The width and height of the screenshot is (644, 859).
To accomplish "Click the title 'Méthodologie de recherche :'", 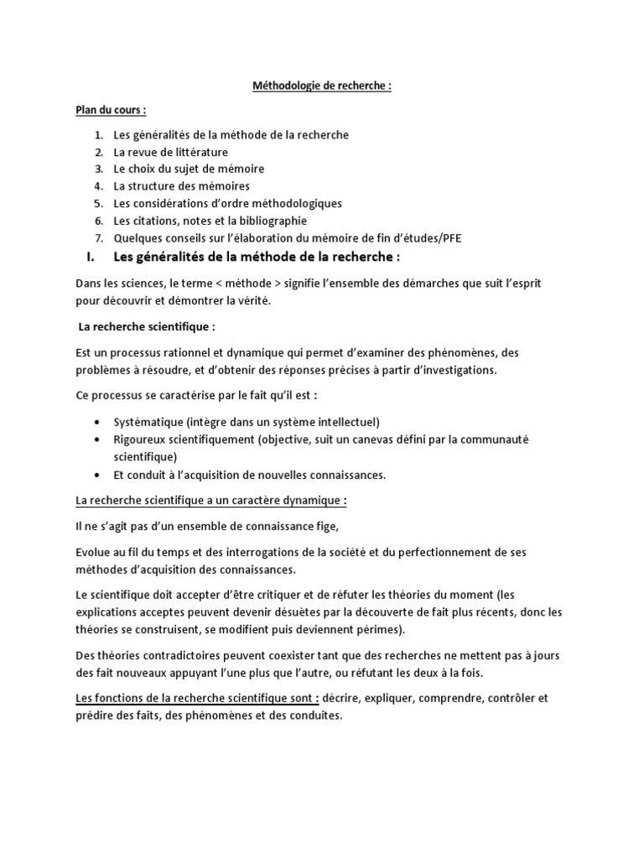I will click(321, 86).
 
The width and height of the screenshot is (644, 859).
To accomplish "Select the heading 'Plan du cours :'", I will click(111, 110).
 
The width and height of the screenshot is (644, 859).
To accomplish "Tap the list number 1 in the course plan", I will click(98, 134).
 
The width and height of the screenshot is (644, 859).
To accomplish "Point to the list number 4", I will click(98, 186).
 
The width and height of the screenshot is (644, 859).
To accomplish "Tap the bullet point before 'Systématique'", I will click(101, 422).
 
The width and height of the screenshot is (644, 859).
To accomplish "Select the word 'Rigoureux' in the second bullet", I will click(139, 439).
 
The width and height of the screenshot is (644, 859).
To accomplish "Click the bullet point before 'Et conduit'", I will click(101, 475).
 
